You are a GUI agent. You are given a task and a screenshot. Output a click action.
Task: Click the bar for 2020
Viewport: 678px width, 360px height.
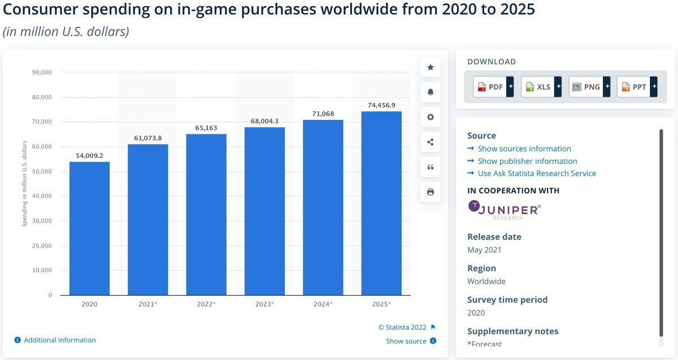pyautogui.click(x=89, y=228)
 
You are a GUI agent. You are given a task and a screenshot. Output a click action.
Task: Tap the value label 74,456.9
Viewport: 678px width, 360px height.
pyautogui.click(x=381, y=105)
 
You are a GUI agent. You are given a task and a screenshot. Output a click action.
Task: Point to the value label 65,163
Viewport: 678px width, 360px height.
pyautogui.click(x=206, y=128)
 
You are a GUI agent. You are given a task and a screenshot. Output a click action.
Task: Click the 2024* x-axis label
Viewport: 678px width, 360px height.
pyautogui.click(x=323, y=304)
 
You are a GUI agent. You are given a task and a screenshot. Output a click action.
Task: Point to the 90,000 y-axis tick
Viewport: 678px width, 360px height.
pyautogui.click(x=42, y=72)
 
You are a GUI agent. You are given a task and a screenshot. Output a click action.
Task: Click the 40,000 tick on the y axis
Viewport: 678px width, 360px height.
pyautogui.click(x=42, y=196)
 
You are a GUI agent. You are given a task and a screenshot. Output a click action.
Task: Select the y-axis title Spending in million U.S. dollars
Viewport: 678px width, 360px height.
pyautogui.click(x=24, y=184)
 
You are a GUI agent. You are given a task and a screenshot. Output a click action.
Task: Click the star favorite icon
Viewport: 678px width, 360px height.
pyautogui.click(x=431, y=67)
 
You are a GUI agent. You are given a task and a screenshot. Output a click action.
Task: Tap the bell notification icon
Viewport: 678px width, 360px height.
pyautogui.click(x=431, y=92)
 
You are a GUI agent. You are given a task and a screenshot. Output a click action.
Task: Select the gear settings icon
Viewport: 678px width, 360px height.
pyautogui.click(x=431, y=117)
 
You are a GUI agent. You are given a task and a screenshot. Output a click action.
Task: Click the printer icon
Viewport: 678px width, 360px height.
pyautogui.click(x=431, y=192)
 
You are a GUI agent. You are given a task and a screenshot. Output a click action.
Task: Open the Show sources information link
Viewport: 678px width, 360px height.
pyautogui.click(x=524, y=149)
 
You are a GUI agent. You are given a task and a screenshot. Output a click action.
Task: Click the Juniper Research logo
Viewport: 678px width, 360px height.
pyautogui.click(x=504, y=209)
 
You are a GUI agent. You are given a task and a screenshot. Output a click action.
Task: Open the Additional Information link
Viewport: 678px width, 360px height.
pyautogui.click(x=59, y=340)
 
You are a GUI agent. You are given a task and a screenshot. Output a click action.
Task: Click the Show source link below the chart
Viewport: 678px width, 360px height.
pyautogui.click(x=406, y=341)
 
